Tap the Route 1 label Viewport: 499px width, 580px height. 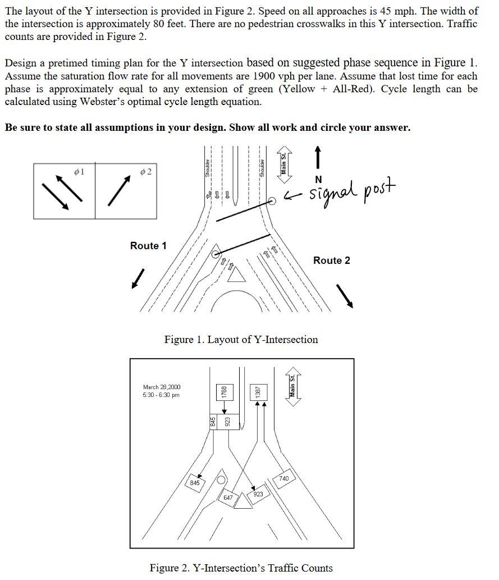click(x=148, y=246)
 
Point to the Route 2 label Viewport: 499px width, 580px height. click(x=331, y=261)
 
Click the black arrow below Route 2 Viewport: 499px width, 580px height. click(x=345, y=295)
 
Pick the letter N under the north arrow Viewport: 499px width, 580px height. click(x=319, y=179)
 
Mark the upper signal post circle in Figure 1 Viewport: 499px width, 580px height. click(x=272, y=200)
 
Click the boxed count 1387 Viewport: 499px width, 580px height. click(x=257, y=392)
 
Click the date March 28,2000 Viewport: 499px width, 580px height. click(x=162, y=387)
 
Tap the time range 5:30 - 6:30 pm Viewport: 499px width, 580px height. click(x=161, y=395)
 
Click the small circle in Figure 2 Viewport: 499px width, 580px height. click(x=221, y=481)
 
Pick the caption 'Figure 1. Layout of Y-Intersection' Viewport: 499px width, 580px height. click(x=241, y=340)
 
